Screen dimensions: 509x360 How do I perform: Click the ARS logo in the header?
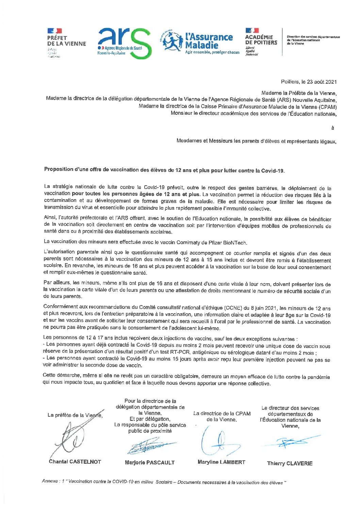124,43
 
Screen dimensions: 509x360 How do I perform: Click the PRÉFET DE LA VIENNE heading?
66,41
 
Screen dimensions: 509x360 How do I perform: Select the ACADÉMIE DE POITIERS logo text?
261,40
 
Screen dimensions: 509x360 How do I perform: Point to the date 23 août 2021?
322,82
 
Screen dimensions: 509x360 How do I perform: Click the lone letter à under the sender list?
332,128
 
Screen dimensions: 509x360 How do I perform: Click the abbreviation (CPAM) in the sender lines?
328,107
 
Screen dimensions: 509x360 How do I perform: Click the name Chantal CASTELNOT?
75,462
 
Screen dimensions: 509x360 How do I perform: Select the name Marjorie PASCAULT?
150,462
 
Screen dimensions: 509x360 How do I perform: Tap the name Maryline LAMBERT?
221,462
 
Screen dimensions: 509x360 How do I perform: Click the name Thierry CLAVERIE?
290,463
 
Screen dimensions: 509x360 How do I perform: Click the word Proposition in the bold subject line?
59,169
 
